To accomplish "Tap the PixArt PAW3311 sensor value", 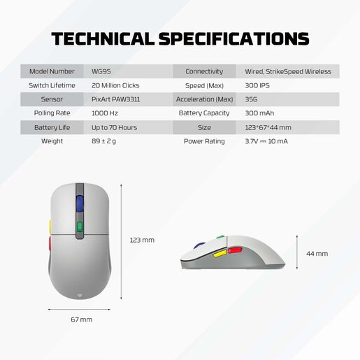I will (x=116, y=99).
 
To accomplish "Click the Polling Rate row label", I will (x=52, y=113).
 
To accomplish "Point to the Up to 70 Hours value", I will (x=115, y=127).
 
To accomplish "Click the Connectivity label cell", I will (x=204, y=71).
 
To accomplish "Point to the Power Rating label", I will (x=204, y=141).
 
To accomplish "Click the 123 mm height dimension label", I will (x=142, y=240).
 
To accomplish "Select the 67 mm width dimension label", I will (x=80, y=319).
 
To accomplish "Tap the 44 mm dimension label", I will (x=317, y=253).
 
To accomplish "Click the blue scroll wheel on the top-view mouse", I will (x=79, y=203).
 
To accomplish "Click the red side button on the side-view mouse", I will (x=235, y=250).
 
